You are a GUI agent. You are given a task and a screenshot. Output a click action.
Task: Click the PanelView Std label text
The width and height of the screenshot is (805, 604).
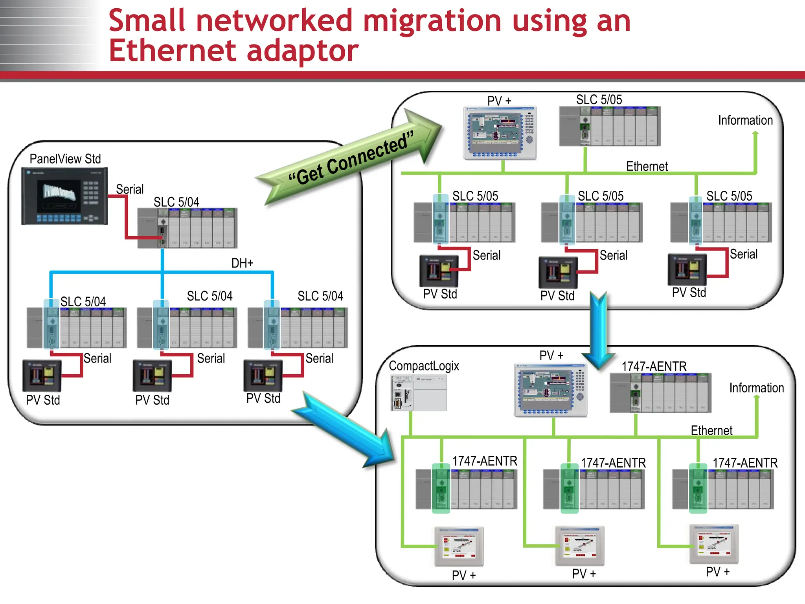[65, 159]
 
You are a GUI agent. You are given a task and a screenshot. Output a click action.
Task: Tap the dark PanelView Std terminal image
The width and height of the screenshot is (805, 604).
[64, 196]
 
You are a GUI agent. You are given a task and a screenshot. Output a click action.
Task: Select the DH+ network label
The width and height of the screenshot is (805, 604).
[242, 263]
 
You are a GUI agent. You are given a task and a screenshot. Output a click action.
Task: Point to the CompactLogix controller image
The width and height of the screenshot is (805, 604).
[419, 393]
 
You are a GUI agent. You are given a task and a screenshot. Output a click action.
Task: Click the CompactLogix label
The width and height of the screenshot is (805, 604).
[424, 366]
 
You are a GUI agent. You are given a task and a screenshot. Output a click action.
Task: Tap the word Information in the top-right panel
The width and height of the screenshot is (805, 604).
[745, 120]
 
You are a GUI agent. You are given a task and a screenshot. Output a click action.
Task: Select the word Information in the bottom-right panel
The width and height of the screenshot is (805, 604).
[756, 388]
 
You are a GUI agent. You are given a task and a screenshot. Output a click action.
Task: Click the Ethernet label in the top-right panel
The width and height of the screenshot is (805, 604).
[647, 166]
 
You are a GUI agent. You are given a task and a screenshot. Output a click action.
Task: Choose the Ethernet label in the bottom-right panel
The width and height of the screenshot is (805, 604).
[711, 430]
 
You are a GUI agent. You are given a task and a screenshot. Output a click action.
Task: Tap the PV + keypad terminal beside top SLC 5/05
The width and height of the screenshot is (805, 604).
[500, 133]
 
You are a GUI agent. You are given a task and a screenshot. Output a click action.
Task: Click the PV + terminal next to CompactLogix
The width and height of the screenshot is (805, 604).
[550, 390]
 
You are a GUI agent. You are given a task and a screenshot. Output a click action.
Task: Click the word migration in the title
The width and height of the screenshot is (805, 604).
[432, 20]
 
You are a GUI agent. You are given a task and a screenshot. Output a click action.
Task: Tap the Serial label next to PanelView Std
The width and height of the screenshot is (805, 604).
[130, 189]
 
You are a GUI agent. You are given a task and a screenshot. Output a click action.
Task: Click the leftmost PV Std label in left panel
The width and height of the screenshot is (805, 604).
[43, 400]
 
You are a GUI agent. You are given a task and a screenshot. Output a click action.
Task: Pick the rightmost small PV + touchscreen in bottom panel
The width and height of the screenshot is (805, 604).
[714, 544]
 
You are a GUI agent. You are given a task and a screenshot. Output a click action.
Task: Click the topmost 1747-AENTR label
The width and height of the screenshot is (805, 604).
[654, 366]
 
